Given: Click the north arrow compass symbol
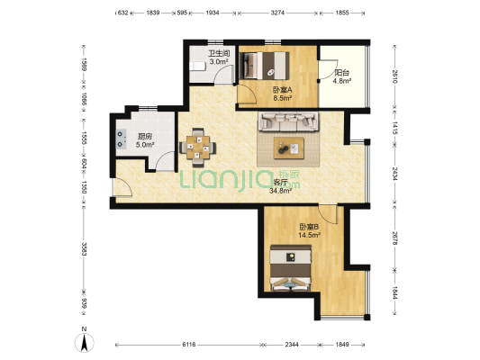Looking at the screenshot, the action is click(84, 343).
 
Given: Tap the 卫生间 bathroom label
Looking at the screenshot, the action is click(219, 53).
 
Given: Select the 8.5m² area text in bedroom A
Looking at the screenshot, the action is click(282, 98).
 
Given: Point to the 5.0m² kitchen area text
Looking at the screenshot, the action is click(145, 144).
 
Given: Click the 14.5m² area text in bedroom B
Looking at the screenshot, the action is click(310, 235).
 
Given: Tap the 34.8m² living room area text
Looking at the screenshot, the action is click(280, 191).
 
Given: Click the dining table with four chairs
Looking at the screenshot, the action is click(198, 148).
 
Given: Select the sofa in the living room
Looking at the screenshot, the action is click(288, 121).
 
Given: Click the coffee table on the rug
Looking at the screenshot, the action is click(289, 148).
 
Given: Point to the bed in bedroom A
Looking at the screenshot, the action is click(264, 65).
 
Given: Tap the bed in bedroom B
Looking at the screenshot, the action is click(290, 267).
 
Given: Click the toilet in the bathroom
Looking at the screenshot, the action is click(197, 66).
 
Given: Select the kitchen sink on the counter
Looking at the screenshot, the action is click(122, 139).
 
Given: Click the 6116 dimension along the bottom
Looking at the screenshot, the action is click(189, 345).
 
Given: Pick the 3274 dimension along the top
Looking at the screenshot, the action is click(278, 13).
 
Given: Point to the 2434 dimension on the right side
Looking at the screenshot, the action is click(395, 174).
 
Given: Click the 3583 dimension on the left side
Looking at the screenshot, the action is click(84, 249).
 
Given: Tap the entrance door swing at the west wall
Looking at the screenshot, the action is click(122, 187).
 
